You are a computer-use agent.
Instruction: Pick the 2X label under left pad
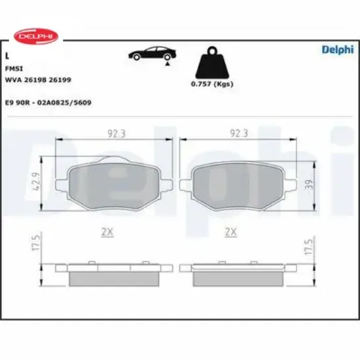[x=109, y=232]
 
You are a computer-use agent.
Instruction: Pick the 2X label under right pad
[x=230, y=232]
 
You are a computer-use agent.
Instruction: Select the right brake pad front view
[x=237, y=184]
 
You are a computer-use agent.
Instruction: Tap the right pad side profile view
[x=237, y=274]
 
